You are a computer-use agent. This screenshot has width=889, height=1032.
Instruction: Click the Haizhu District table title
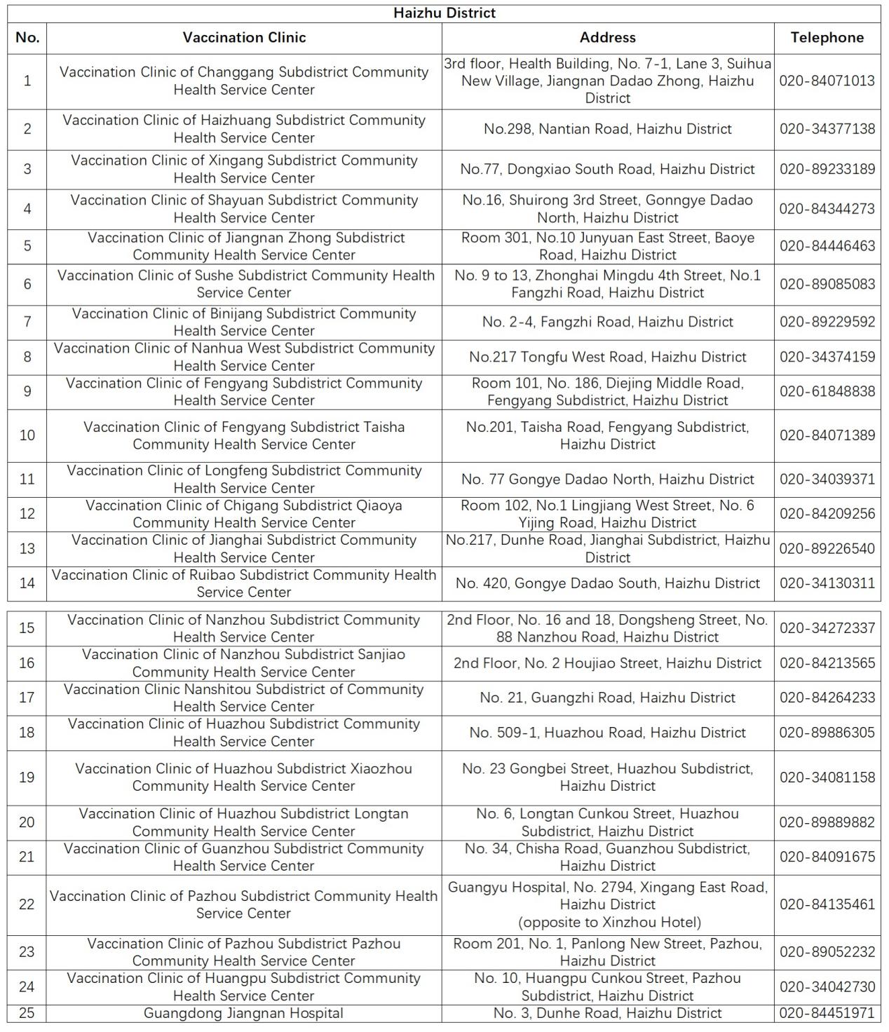(x=444, y=13)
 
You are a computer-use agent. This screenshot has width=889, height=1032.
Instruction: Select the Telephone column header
(x=827, y=38)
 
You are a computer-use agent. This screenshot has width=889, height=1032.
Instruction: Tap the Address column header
(x=607, y=38)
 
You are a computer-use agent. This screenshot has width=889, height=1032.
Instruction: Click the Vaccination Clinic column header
(x=244, y=38)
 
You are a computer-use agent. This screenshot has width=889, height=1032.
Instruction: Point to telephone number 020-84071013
(x=827, y=81)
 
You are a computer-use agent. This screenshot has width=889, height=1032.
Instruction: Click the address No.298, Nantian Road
(x=607, y=129)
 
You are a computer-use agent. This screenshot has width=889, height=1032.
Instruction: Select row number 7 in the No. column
(x=27, y=322)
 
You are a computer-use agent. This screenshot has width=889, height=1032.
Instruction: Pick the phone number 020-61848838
(x=827, y=391)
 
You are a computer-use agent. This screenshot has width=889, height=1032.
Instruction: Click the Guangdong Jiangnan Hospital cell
(x=243, y=1013)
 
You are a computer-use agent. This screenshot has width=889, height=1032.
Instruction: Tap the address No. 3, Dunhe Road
(x=607, y=1013)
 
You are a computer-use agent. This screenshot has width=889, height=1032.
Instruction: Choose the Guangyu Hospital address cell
(x=607, y=904)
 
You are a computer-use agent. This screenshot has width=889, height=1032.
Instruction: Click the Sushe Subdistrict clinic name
(x=244, y=284)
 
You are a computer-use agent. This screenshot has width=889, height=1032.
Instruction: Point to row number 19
(x=27, y=777)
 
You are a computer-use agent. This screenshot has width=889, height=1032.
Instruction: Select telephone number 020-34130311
(x=827, y=583)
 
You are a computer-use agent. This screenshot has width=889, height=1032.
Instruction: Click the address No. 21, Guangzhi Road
(x=607, y=698)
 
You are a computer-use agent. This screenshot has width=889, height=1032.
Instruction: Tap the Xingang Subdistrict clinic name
(x=244, y=169)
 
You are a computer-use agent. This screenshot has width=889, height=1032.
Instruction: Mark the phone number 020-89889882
(x=827, y=822)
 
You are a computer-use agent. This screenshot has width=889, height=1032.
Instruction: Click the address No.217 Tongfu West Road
(x=607, y=357)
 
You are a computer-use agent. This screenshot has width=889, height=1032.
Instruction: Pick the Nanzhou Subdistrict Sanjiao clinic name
(x=243, y=663)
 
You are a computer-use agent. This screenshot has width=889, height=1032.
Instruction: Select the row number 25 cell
(x=27, y=1013)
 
